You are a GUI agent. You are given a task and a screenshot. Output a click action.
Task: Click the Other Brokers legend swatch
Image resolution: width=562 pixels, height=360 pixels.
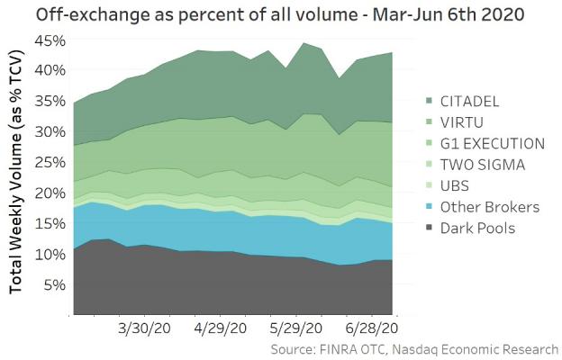[x=429, y=207]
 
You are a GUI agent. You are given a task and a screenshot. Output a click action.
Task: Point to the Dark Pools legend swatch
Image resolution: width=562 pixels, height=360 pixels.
[x=429, y=229]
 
